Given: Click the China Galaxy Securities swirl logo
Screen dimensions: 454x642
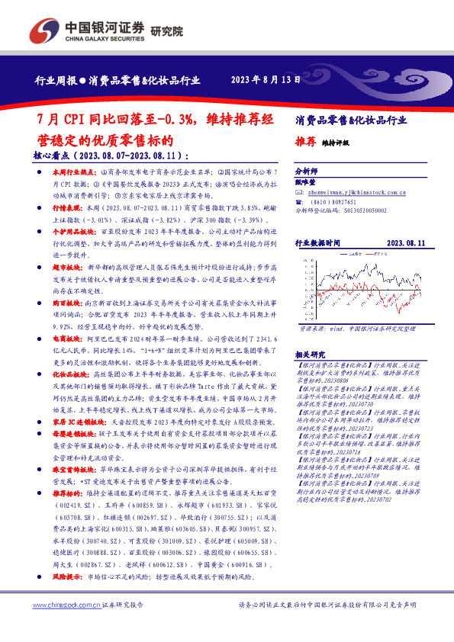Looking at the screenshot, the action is click(x=38, y=31).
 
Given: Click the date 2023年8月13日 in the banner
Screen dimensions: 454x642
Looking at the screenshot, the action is click(x=260, y=79).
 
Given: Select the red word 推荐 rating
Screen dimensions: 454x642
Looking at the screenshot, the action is click(x=305, y=142).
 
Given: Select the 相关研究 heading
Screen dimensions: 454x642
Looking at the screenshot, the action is click(x=308, y=333).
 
